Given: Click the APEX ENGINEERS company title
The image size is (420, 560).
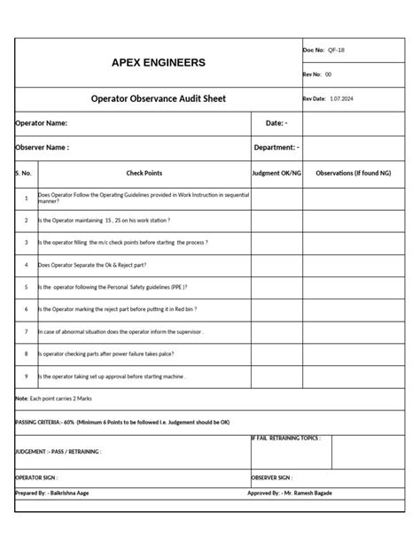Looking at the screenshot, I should click(158, 63).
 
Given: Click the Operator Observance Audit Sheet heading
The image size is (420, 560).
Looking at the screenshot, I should click(159, 99).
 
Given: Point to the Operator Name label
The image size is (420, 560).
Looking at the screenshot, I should click(42, 123).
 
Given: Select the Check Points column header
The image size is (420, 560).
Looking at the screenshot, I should click(144, 174).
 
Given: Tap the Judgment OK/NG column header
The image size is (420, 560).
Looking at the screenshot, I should click(276, 174).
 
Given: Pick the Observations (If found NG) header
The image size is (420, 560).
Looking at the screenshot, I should click(354, 174).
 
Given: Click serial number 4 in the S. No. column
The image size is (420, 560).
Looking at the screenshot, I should click(26, 264).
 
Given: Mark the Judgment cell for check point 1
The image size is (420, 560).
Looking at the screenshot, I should click(276, 198).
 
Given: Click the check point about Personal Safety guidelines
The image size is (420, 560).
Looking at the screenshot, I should click(113, 287).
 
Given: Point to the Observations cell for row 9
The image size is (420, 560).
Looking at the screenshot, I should click(354, 377).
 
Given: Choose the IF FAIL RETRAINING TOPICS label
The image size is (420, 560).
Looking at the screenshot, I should click(286, 439).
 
